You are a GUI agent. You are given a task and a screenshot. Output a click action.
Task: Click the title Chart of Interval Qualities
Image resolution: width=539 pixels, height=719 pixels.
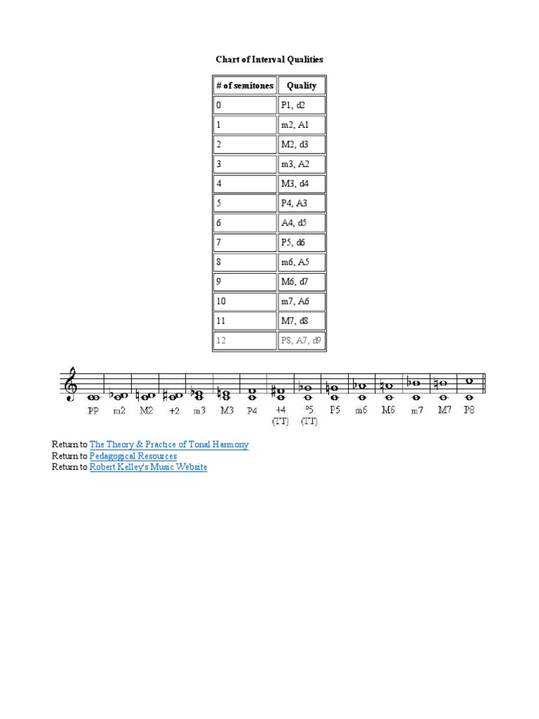coord(269,60)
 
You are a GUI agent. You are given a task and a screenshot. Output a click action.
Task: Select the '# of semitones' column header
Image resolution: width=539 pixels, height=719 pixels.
coord(245,86)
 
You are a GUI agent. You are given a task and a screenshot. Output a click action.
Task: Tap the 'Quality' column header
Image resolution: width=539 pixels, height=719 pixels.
coord(302,86)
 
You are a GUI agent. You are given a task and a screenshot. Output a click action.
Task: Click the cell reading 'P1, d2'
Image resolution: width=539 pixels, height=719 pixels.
coord(302,105)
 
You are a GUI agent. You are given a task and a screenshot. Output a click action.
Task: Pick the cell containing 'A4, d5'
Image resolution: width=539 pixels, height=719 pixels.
coord(302,223)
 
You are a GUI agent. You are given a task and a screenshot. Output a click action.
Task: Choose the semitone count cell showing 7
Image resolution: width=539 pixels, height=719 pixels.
coord(245,243)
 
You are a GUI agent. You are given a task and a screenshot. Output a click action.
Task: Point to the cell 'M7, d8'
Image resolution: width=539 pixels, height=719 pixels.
coord(302,321)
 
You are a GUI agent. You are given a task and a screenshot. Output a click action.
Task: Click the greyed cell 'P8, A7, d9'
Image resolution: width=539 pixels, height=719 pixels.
coord(302,341)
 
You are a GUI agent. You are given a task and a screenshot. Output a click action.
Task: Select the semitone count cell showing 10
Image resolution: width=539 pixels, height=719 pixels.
coord(245,301)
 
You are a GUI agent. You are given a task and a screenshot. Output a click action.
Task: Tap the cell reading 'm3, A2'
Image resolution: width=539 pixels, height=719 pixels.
coord(302,164)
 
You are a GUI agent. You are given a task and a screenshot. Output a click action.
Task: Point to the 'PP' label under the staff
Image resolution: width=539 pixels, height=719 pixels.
coord(93,410)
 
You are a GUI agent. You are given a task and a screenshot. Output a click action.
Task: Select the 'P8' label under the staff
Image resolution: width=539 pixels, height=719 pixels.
coord(469,410)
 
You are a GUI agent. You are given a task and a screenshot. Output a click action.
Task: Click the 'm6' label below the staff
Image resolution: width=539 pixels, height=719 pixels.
coord(360,410)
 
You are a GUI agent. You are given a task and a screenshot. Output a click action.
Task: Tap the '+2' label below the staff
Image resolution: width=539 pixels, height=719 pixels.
coord(173,410)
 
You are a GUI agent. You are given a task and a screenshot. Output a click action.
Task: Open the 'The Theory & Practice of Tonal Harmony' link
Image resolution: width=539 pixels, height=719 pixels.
coord(169,444)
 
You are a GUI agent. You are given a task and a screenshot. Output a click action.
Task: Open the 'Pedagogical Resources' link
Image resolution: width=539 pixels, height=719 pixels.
coord(133,456)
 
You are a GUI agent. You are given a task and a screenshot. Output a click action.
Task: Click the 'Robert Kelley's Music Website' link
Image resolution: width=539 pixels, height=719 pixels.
coord(148,467)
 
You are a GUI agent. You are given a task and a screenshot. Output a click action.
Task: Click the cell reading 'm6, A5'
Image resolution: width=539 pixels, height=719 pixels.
coord(302,263)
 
